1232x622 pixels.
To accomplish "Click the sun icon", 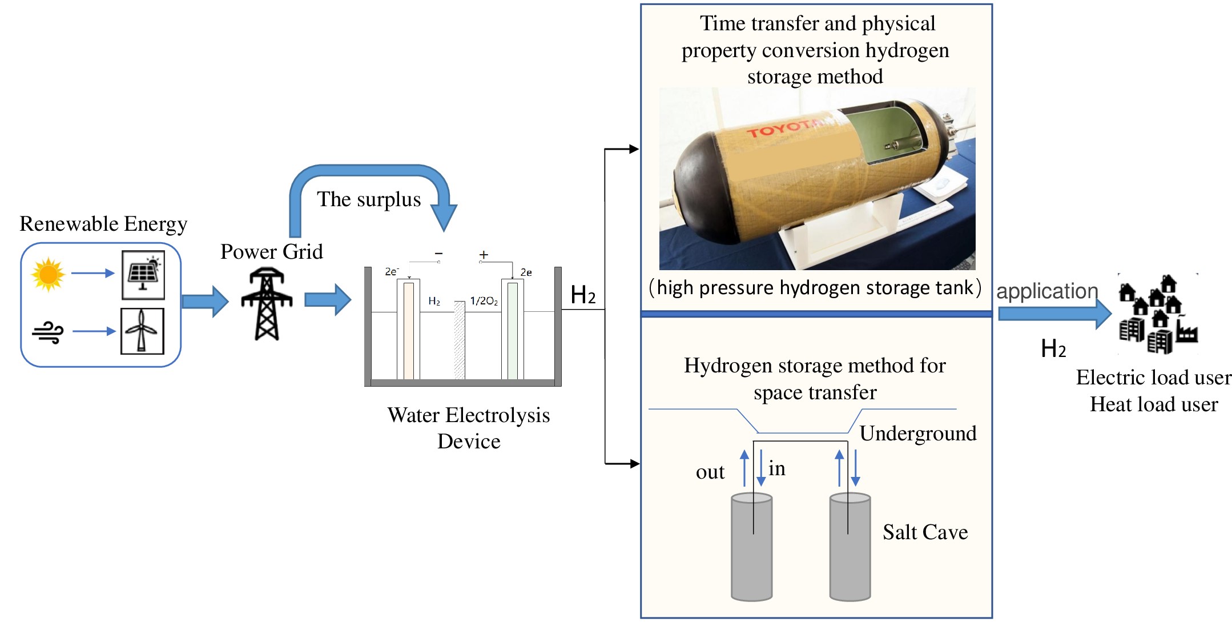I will [48, 274].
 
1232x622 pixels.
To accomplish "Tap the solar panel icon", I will [143, 275].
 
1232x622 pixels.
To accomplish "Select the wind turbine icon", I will [142, 331].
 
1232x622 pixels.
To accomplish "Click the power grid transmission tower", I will [267, 304].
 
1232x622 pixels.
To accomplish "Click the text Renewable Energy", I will [103, 224].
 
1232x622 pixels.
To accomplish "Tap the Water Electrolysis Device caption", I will [468, 428].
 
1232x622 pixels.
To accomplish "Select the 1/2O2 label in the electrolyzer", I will [484, 301].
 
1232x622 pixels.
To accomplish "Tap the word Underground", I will [918, 434].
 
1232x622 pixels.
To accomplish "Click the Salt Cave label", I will [925, 532].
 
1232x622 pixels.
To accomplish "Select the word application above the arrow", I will [1047, 291].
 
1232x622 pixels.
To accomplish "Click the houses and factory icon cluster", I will [1156, 314].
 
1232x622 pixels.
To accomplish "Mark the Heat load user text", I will [1153, 404].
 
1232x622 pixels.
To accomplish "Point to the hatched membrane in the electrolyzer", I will [459, 339].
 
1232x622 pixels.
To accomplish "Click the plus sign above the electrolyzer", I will [484, 255].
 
